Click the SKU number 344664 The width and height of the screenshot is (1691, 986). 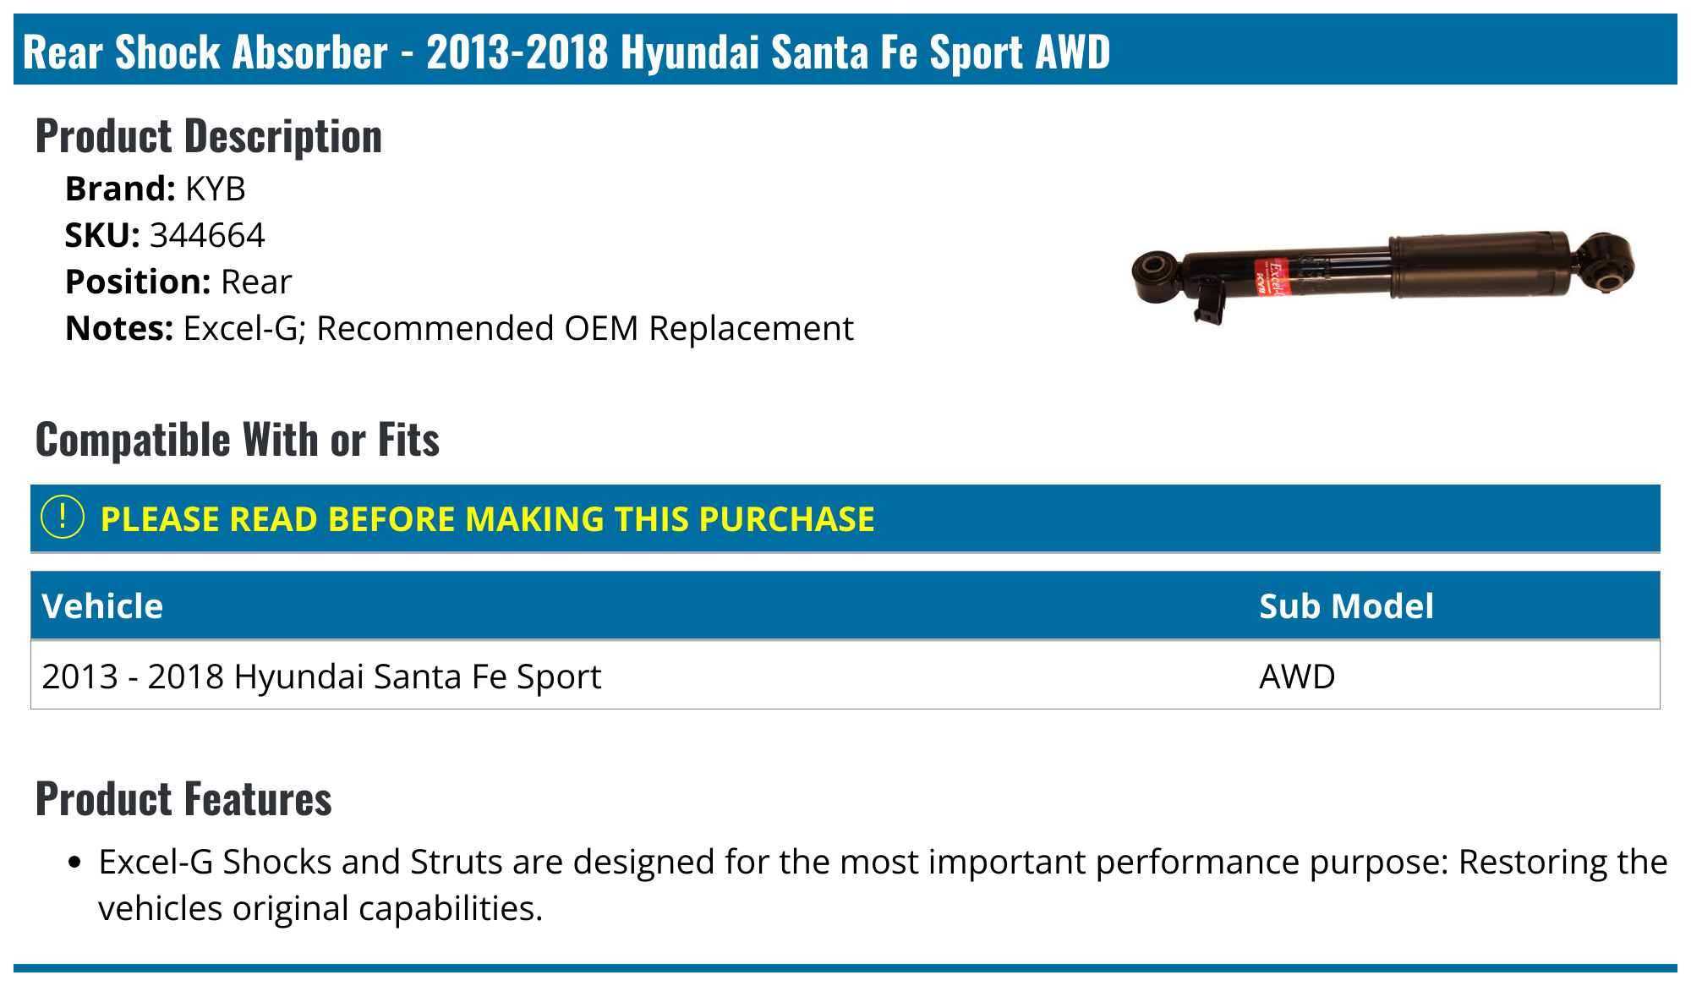[x=207, y=235]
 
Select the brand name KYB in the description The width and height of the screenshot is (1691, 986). [x=216, y=189]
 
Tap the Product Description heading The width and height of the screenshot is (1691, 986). [x=209, y=136]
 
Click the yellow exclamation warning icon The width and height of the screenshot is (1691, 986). [x=63, y=518]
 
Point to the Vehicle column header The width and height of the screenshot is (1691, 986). [x=102, y=606]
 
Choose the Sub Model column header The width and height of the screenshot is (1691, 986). [x=1346, y=606]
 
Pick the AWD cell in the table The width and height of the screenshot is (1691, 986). [x=1297, y=677]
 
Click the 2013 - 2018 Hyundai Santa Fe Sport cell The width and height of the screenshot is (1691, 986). [x=321, y=677]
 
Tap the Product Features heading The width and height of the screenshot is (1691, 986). [x=183, y=799]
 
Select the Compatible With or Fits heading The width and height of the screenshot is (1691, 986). [x=238, y=440]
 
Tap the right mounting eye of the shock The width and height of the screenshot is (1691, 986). [x=1605, y=263]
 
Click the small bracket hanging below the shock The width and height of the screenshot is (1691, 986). [x=1209, y=304]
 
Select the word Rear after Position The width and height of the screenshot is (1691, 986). [x=256, y=282]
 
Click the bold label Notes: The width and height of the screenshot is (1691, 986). [x=119, y=328]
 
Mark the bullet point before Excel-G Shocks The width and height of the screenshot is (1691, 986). [x=75, y=863]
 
